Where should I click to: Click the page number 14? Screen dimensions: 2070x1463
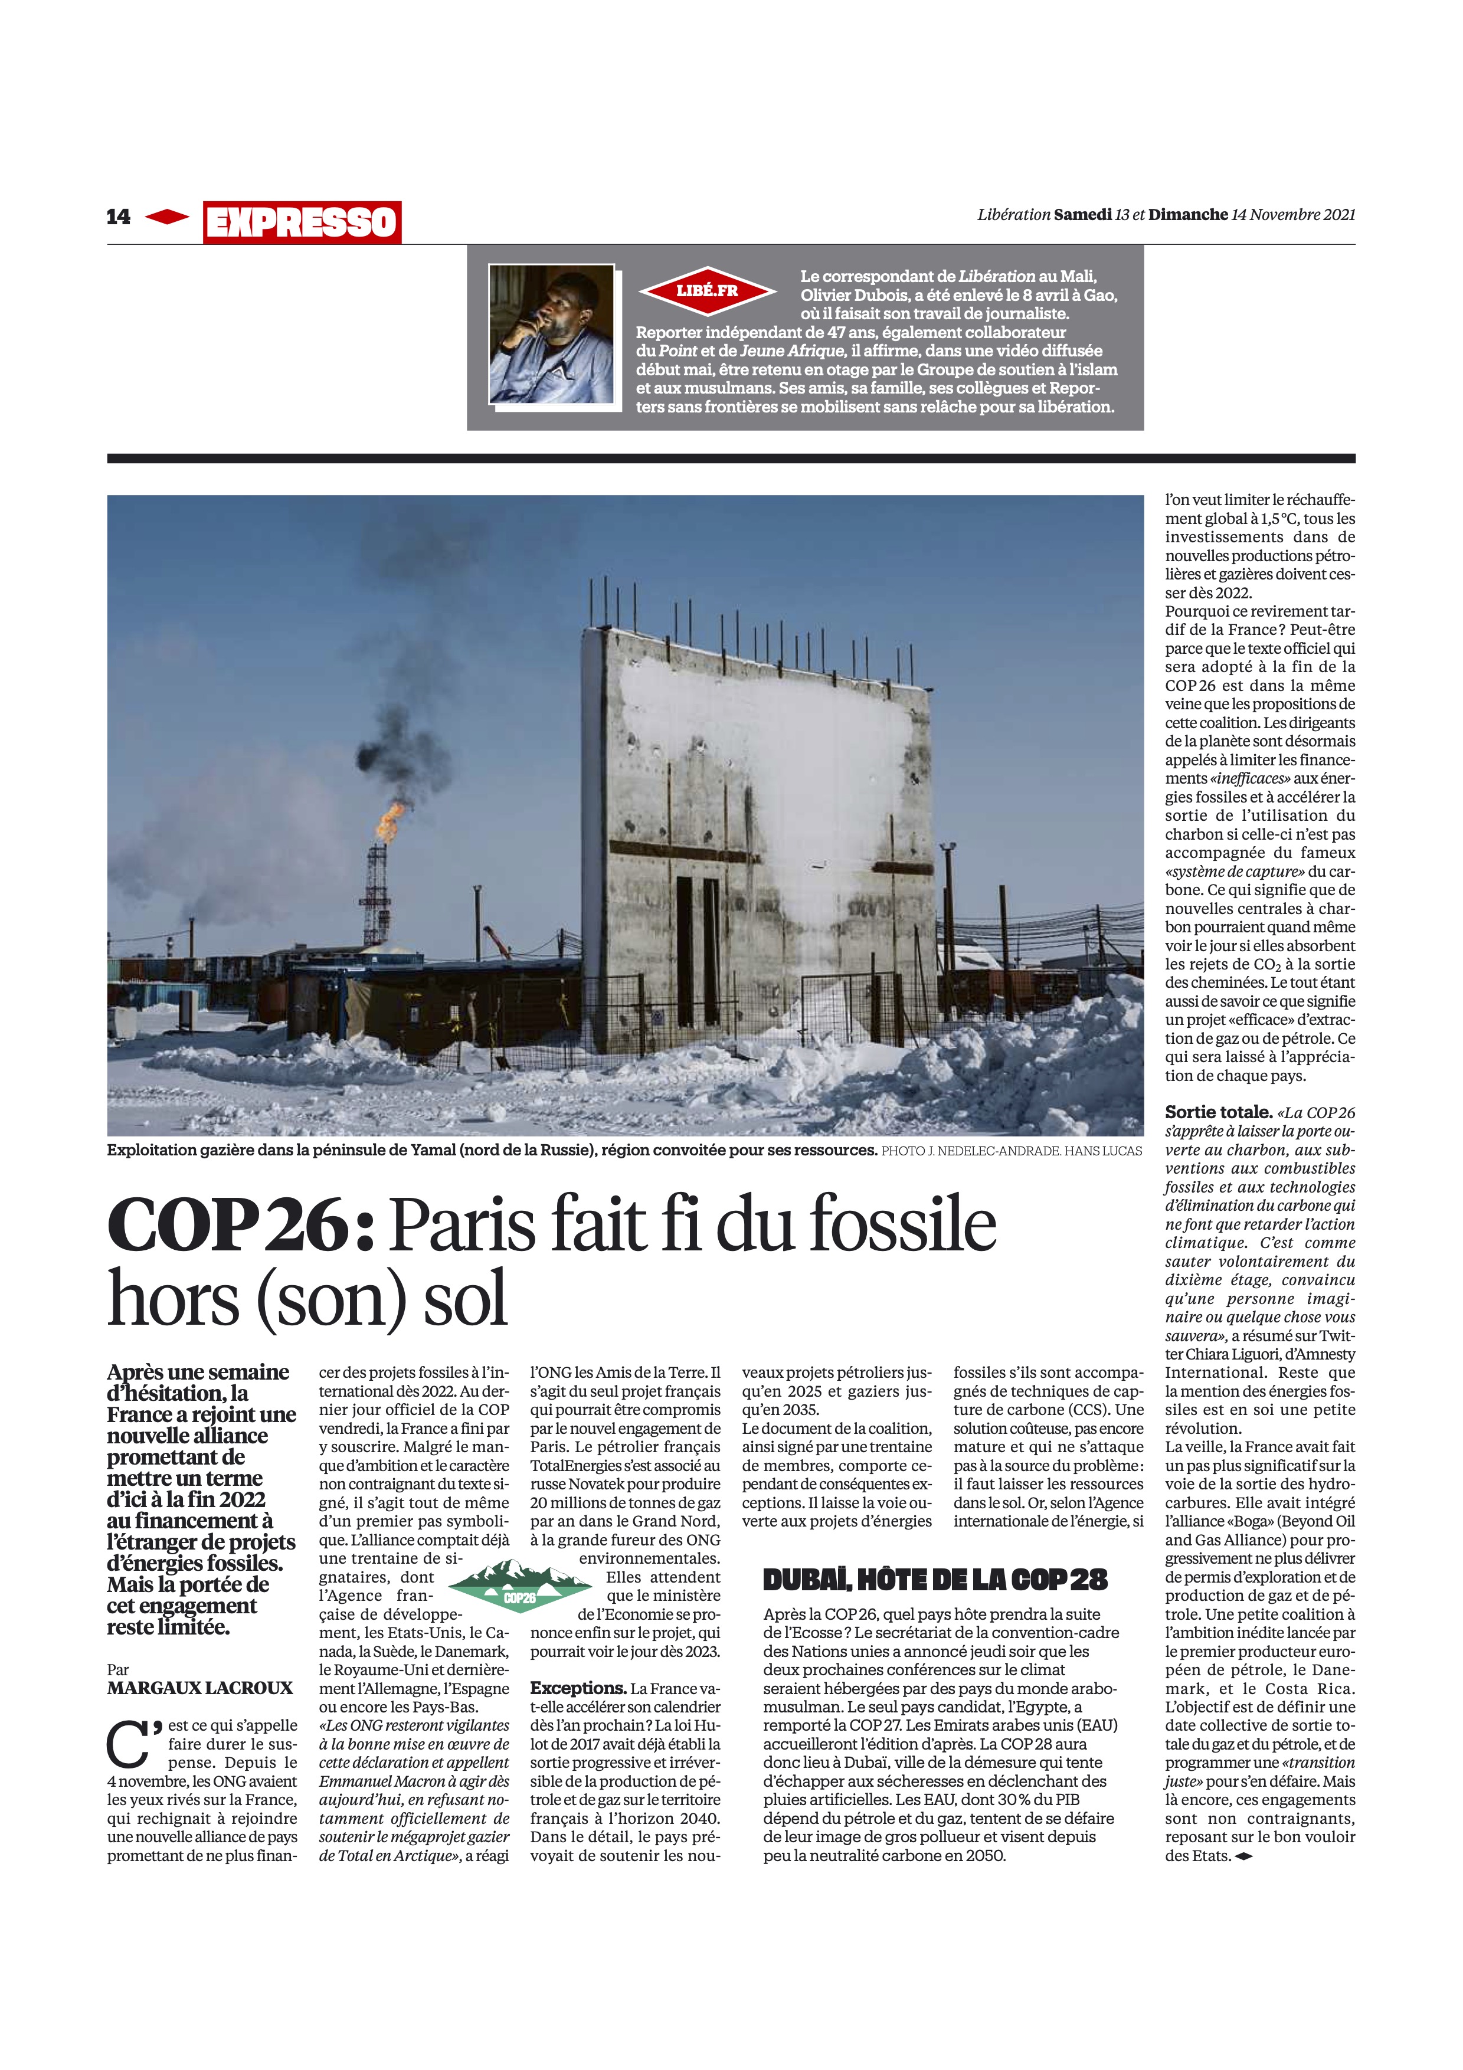coord(118,217)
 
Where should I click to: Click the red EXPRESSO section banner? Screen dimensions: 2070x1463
coord(302,222)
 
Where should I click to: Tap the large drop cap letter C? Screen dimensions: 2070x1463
coord(130,1746)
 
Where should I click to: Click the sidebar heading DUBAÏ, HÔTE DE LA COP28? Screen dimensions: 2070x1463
coord(935,1580)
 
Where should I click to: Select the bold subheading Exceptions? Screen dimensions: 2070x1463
coord(578,1688)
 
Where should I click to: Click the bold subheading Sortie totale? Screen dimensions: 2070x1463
coord(1218,1112)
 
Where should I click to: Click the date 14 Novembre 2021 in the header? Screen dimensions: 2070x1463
coord(1292,215)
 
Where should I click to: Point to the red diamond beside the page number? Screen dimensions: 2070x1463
coord(167,217)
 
